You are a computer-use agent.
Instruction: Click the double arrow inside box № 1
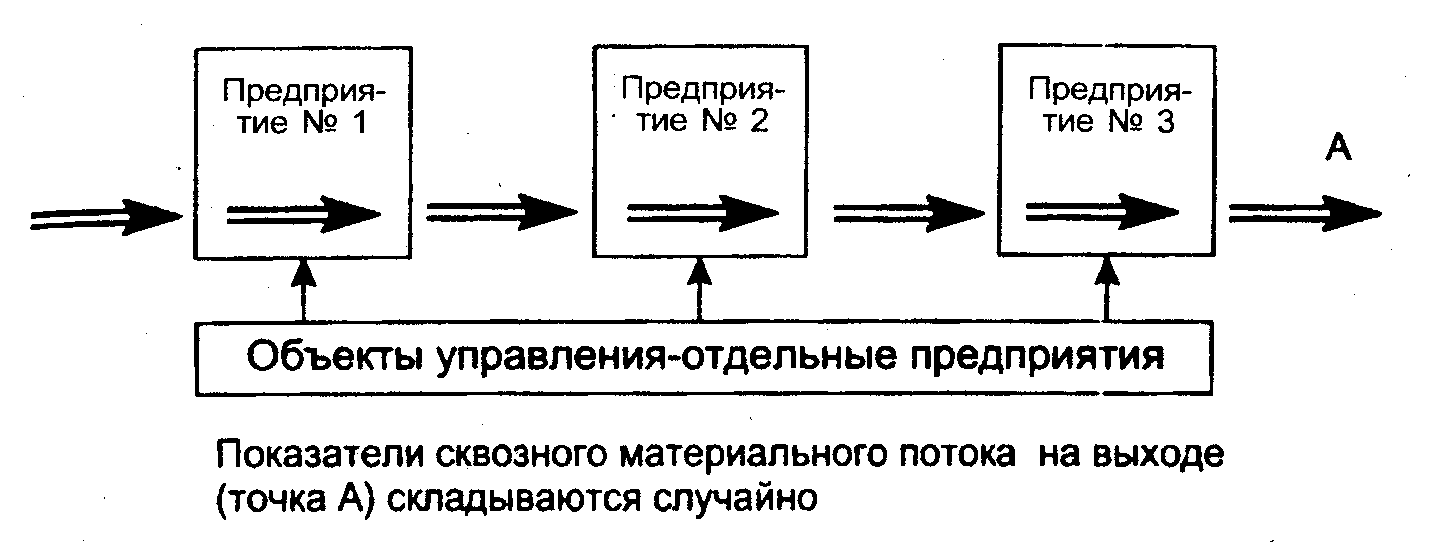[x=303, y=214]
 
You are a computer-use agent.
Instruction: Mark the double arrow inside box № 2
[x=701, y=213]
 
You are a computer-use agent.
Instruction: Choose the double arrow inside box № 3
[x=1099, y=213]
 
